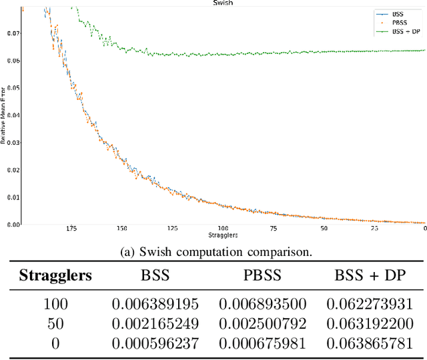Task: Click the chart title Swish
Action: point(224,3)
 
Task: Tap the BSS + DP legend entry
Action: point(406,31)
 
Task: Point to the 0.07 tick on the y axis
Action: point(14,33)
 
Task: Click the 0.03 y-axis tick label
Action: point(14,142)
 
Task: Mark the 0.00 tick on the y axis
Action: point(14,224)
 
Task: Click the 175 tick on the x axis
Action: point(72,229)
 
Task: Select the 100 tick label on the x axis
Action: point(223,229)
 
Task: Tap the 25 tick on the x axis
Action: point(374,229)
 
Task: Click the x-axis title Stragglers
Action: point(224,235)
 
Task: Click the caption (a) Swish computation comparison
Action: point(213,253)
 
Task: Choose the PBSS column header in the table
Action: point(262,275)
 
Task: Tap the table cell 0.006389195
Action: point(155,304)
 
